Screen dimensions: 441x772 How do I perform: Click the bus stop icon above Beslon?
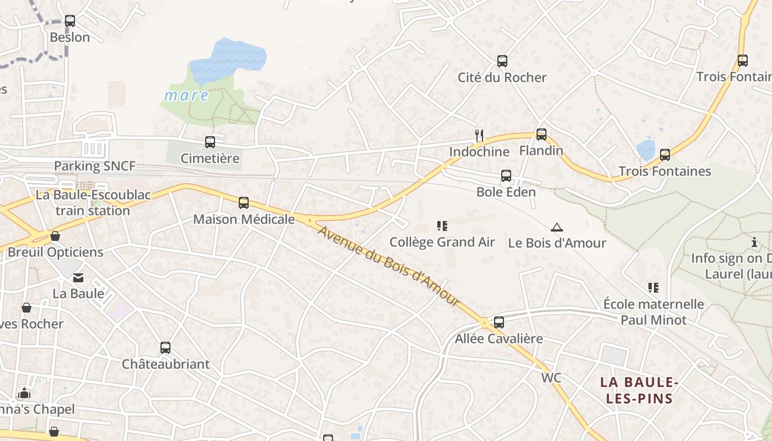pyautogui.click(x=69, y=21)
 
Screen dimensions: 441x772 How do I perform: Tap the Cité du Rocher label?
pyautogui.click(x=502, y=77)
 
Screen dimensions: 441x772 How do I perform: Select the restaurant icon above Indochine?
pyautogui.click(x=479, y=135)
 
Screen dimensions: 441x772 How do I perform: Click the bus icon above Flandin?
pyautogui.click(x=542, y=134)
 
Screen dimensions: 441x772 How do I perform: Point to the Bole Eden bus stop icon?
pyautogui.click(x=506, y=176)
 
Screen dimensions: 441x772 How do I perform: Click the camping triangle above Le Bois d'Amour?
pyautogui.click(x=557, y=227)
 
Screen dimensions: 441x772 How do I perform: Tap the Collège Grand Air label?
pyautogui.click(x=442, y=242)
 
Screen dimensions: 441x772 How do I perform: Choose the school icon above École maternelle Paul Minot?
pyautogui.click(x=653, y=287)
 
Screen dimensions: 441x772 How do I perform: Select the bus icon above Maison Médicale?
pyautogui.click(x=244, y=203)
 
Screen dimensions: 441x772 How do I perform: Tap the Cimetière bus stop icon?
pyautogui.click(x=210, y=142)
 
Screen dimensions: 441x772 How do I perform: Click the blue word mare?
pyautogui.click(x=186, y=96)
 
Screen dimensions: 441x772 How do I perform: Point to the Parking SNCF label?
pyautogui.click(x=94, y=166)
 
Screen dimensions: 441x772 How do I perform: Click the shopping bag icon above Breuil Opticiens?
pyautogui.click(x=55, y=236)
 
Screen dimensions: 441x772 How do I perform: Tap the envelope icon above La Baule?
pyautogui.click(x=78, y=278)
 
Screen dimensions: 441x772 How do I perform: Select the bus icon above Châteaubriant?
pyautogui.click(x=165, y=348)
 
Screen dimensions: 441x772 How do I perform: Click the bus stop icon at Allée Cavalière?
pyautogui.click(x=499, y=322)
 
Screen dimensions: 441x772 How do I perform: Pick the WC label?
pyautogui.click(x=551, y=378)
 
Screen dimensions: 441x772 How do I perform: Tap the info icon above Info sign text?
pyautogui.click(x=754, y=242)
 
